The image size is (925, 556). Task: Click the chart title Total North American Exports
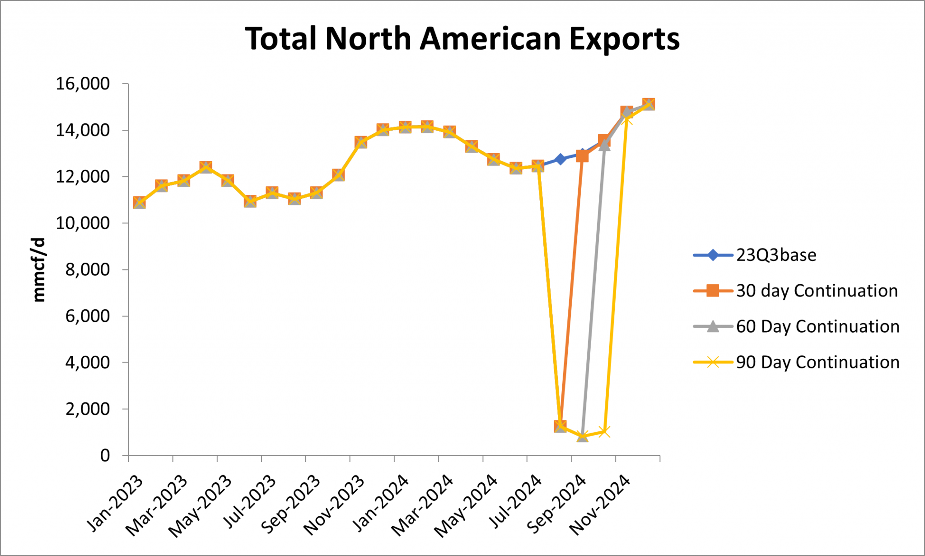point(462,39)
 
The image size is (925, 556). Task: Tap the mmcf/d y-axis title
point(39,269)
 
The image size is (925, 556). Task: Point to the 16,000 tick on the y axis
point(83,84)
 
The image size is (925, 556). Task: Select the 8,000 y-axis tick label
point(88,270)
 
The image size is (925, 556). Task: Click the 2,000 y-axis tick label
point(88,409)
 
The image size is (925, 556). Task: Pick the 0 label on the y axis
point(105,456)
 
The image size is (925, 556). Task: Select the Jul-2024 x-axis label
point(516,502)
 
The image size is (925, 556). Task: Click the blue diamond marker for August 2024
point(561,159)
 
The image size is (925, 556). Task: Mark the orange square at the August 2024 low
point(561,426)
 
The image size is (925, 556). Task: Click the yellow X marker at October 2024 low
point(604,432)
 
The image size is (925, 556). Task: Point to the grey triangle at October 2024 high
point(604,145)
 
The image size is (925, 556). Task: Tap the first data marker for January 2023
point(140,203)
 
